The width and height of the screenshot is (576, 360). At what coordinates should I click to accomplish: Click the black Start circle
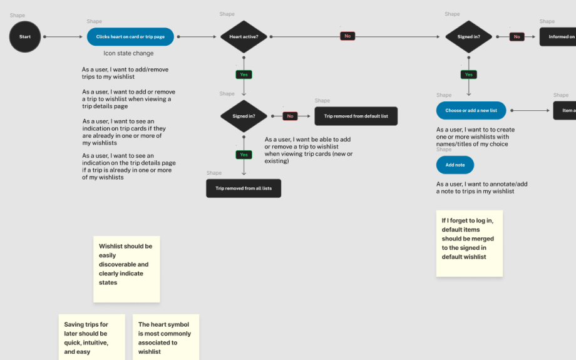[x=25, y=37]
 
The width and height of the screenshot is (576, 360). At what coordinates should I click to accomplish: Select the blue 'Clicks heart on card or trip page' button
[x=130, y=37]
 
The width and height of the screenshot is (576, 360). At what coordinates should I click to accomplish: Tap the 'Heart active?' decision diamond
[x=244, y=37]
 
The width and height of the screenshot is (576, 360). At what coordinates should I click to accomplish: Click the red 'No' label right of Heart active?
[x=347, y=36]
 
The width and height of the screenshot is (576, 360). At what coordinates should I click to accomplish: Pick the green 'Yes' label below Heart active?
[x=244, y=75]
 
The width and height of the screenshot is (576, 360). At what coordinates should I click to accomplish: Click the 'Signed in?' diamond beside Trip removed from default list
[x=244, y=116]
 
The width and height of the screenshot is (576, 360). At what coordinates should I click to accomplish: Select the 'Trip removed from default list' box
[x=356, y=116]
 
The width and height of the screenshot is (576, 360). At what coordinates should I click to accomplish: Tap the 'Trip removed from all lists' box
[x=244, y=188]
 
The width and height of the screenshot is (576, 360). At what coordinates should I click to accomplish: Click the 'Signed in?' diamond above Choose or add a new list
[x=468, y=37]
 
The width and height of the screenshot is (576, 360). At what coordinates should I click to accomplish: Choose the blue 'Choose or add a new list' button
[x=471, y=110]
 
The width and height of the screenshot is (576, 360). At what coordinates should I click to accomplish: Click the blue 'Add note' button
[x=455, y=165]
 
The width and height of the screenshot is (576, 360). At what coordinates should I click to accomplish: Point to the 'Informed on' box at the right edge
[x=558, y=37]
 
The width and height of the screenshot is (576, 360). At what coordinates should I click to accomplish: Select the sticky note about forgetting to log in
[x=469, y=243]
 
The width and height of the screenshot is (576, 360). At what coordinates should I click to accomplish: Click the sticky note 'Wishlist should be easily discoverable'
[x=126, y=269]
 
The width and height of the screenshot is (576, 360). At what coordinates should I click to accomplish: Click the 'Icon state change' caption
[x=128, y=53]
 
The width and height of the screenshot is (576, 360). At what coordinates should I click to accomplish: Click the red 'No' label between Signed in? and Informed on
[x=517, y=37]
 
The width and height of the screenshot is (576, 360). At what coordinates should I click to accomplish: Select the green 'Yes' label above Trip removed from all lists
[x=244, y=155]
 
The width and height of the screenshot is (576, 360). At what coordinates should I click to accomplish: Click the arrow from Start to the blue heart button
[x=63, y=37]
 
